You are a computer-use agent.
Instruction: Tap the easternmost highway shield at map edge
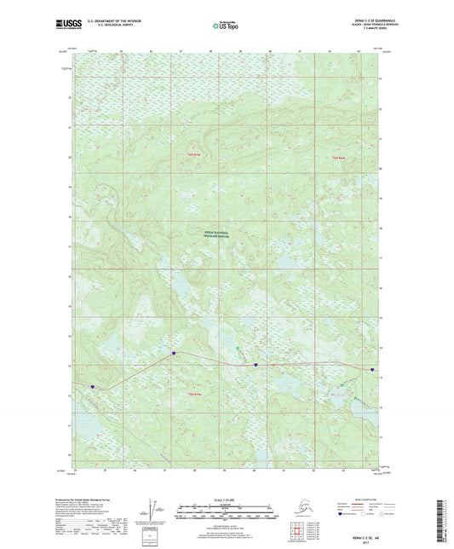[372, 370]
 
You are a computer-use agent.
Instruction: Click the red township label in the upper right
[337, 157]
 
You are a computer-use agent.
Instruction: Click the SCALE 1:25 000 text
[226, 497]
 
